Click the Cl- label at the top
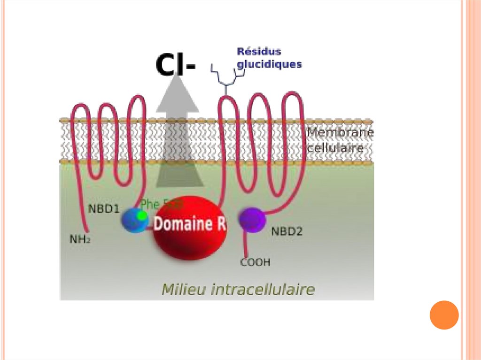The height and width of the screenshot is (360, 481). [x=175, y=66]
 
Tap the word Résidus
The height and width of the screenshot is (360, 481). [x=259, y=51]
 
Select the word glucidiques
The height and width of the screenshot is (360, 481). [x=269, y=64]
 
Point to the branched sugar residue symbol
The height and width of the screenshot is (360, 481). [x=226, y=80]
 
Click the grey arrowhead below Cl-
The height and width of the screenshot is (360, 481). [x=178, y=96]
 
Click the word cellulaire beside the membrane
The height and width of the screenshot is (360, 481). [x=335, y=148]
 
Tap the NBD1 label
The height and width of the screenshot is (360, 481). [x=103, y=208]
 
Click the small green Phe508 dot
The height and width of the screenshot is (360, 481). [x=141, y=215]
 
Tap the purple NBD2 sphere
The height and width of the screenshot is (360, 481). [x=252, y=219]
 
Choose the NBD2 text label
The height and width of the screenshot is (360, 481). [x=287, y=231]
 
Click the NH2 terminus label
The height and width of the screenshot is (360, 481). [x=80, y=239]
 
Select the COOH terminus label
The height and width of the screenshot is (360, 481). [x=255, y=262]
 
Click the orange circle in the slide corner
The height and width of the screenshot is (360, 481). [x=444, y=314]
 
